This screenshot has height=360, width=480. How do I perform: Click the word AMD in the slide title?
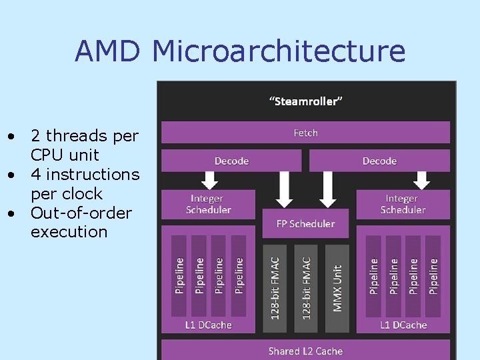[x=109, y=51]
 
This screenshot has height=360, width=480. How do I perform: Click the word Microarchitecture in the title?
[x=279, y=51]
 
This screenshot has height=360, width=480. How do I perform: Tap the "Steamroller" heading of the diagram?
[x=306, y=101]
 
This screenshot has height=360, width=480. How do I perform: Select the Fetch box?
[x=306, y=133]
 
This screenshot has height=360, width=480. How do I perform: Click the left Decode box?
[x=231, y=161]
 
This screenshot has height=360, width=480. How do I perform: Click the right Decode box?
[x=379, y=161]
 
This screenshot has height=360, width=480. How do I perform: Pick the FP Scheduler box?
[x=305, y=223]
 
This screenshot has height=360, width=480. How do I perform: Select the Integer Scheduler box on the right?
[x=403, y=204]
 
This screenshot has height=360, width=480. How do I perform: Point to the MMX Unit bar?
[x=337, y=283]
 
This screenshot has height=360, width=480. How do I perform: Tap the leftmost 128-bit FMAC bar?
[x=275, y=283]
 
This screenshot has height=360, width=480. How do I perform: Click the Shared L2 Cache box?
[x=305, y=351]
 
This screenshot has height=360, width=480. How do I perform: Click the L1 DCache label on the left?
[x=209, y=325]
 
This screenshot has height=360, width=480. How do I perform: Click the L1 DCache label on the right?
[x=403, y=325]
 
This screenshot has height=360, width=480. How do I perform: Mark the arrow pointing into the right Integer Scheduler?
[x=421, y=179]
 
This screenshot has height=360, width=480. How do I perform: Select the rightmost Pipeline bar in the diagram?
[x=434, y=275]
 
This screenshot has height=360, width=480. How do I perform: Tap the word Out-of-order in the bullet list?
[x=81, y=213]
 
